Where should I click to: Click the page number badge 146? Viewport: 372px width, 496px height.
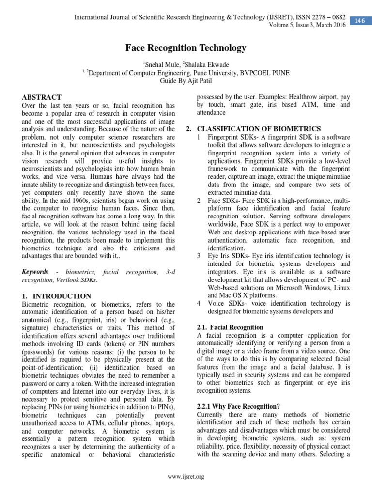pyautogui.click(x=359, y=20)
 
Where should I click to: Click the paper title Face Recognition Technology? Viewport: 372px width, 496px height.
pyautogui.click(x=186, y=48)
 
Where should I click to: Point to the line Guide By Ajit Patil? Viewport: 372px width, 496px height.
pyautogui.click(x=186, y=81)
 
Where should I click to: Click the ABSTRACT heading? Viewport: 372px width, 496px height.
pyautogui.click(x=42, y=97)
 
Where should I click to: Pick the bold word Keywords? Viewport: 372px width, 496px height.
pyautogui.click(x=35, y=272)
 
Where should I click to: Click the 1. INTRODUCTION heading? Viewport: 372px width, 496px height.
pyautogui.click(x=57, y=295)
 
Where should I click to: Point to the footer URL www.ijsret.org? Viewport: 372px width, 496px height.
pyautogui.click(x=186, y=476)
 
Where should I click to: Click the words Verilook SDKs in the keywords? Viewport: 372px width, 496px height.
pyautogui.click(x=78, y=280)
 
